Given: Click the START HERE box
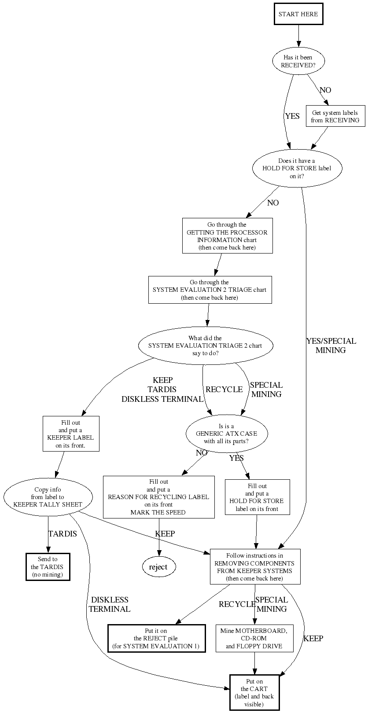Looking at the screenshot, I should pyautogui.click(x=298, y=14).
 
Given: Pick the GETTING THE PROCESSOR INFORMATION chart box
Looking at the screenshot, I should pyautogui.click(x=227, y=236).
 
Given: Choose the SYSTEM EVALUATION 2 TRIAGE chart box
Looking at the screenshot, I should pyautogui.click(x=210, y=290).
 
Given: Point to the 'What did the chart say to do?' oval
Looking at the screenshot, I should pyautogui.click(x=205, y=346).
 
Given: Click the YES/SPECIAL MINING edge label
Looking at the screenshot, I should pyautogui.click(x=331, y=345).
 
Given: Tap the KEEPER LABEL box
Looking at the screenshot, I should pyautogui.click(x=70, y=434).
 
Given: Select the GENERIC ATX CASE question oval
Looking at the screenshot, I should pyautogui.click(x=226, y=434).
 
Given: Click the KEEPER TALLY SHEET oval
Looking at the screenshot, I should pyautogui.click(x=48, y=497).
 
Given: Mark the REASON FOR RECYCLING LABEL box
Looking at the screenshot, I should pyautogui.click(x=158, y=497).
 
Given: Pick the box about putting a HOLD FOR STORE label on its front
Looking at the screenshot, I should pyautogui.click(x=257, y=497).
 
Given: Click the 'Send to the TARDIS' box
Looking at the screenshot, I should pyautogui.click(x=48, y=567).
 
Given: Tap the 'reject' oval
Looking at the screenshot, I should pyautogui.click(x=158, y=567).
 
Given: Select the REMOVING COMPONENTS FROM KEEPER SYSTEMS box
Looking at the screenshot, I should pyautogui.click(x=255, y=567).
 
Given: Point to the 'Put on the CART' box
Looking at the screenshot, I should pyautogui.click(x=254, y=693).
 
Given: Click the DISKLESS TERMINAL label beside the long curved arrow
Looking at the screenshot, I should pyautogui.click(x=110, y=604).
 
